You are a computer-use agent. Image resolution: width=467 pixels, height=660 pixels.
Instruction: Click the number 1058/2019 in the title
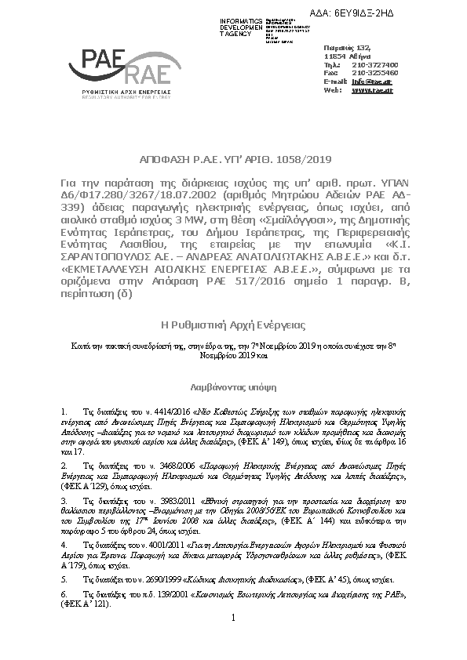coord(282,156)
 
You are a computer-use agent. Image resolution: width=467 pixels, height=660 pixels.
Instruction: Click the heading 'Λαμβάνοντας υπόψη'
coord(234,386)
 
